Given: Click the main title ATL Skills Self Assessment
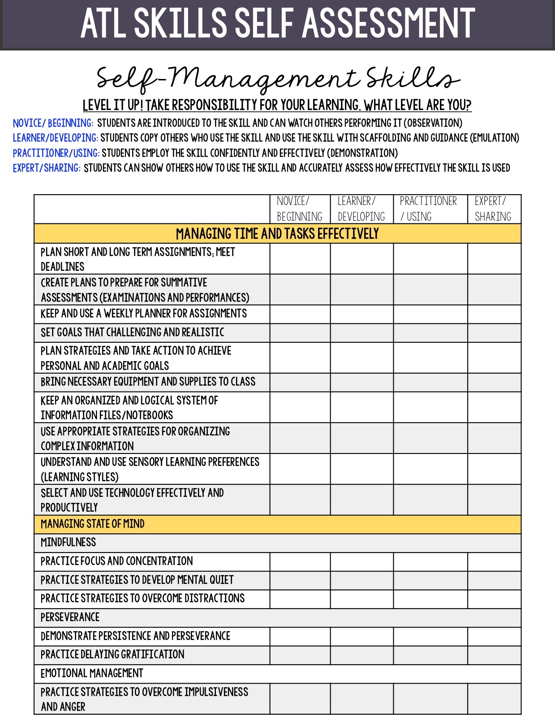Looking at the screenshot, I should pos(277,23).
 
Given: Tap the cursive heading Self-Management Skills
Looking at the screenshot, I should pos(277,79).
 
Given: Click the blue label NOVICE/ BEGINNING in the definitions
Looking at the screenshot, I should pos(53,123).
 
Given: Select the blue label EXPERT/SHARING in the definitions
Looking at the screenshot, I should pos(47,168).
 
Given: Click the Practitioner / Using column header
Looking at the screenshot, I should pos(429,209).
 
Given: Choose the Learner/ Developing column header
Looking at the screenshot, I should pos(361,209).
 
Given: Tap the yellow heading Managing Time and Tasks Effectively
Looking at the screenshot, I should pos(277,234).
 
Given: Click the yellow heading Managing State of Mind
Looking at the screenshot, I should pos(93,524).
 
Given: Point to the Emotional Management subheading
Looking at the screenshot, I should pos(92,674).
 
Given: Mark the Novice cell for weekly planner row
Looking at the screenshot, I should pos(300,314).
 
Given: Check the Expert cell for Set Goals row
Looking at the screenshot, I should pos(494,333).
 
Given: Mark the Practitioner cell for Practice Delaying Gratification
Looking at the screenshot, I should pos(430,655).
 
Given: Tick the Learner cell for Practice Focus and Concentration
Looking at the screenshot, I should pos(361,562).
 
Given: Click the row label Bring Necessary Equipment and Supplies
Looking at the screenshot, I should pos(148,382).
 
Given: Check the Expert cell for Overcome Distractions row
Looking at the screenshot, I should pos(494,599).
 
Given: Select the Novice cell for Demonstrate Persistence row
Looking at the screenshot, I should pos(300,637).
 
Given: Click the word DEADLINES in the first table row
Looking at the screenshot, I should pos(63,267).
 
